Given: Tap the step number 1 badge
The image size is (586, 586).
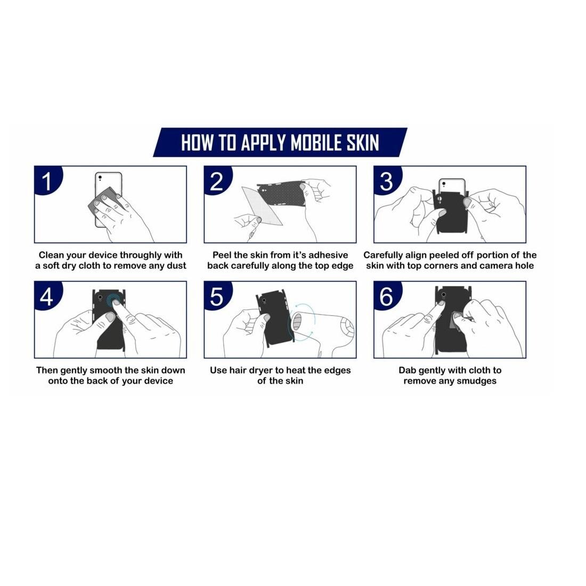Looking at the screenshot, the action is point(47,181).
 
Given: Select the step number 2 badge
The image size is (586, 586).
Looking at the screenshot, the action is point(217,181).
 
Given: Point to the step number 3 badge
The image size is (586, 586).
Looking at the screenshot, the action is point(387,181).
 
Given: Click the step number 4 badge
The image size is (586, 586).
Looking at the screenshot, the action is point(47,296).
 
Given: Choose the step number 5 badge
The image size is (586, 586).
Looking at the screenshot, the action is point(217,296).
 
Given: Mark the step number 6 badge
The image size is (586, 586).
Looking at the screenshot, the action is point(387,296).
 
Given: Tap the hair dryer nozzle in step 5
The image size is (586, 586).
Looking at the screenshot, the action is point(297,322).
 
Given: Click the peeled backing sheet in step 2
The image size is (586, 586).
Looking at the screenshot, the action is point(262,206).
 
